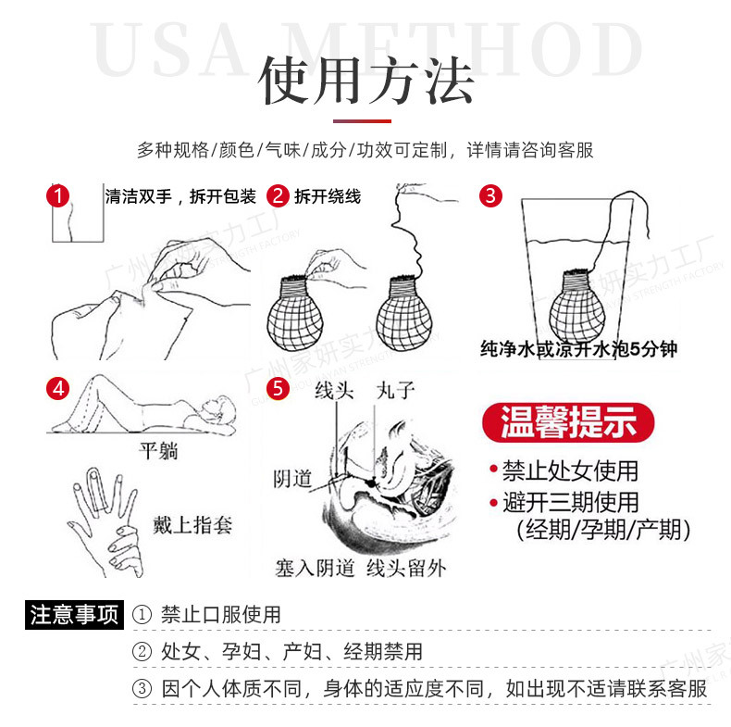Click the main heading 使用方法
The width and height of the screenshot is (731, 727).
click(365, 80)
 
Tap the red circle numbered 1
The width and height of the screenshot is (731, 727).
click(59, 195)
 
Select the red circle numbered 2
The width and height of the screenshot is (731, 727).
click(278, 195)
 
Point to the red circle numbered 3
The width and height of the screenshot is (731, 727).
click(490, 195)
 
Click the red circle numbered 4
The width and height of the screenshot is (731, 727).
click(59, 388)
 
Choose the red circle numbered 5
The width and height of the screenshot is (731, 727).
click(278, 388)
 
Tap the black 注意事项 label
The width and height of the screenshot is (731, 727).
click(74, 614)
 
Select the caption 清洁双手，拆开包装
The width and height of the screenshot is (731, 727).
click(180, 196)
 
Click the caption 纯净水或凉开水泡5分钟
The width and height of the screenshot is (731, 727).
click(578, 350)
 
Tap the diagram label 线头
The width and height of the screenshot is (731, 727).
click(334, 390)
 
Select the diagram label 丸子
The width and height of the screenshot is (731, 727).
click(395, 390)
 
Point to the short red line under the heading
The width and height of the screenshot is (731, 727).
click(365, 119)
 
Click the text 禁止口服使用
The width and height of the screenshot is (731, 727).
click(220, 615)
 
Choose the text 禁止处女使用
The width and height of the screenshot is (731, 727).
click(570, 470)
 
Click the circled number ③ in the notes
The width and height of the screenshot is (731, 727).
click(142, 689)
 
